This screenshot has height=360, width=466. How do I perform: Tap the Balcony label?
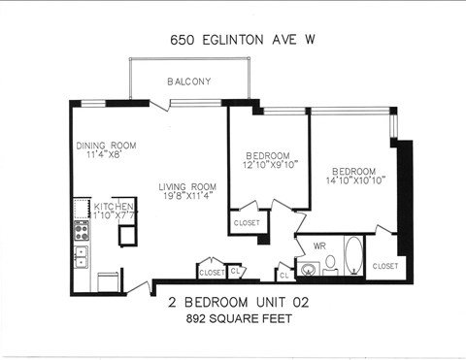(188, 82)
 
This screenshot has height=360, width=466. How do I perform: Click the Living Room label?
(187, 186)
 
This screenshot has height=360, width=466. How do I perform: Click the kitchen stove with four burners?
(82, 230)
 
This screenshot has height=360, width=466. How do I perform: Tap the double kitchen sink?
(82, 256)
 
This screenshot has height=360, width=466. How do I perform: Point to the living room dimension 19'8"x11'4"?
(187, 197)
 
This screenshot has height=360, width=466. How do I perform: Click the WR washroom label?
(318, 246)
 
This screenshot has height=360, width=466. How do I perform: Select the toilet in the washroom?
(330, 262)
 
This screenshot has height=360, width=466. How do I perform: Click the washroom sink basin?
(309, 269)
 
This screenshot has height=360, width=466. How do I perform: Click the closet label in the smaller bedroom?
(247, 224)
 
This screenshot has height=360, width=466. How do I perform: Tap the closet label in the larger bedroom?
(385, 265)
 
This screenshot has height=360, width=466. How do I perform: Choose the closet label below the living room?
(211, 273)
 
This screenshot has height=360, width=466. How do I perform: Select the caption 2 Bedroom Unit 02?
(231, 302)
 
